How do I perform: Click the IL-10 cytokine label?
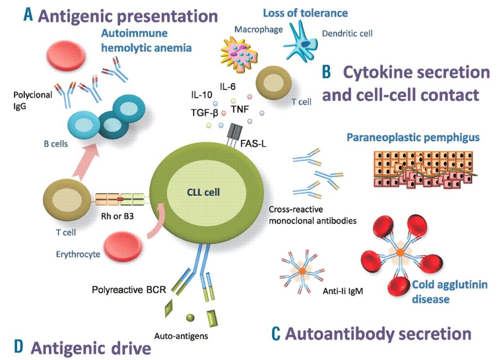[x=201, y=94]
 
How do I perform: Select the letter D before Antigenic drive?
[x=19, y=346]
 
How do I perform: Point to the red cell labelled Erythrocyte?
[x=123, y=243]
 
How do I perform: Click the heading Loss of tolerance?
[x=306, y=13]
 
